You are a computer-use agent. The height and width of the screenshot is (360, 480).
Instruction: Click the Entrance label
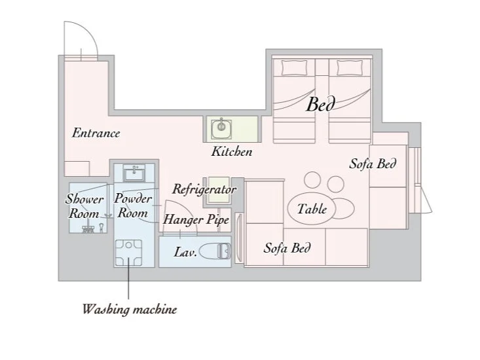click(x=96, y=134)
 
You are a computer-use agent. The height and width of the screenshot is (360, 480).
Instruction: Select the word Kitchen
click(x=232, y=152)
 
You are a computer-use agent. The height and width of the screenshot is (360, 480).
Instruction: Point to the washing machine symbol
click(x=128, y=253)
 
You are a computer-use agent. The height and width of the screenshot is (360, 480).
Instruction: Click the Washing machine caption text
click(x=130, y=309)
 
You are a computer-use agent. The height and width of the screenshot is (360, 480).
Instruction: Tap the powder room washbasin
click(x=134, y=173)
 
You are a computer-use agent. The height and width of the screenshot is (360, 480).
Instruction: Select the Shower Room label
click(x=84, y=206)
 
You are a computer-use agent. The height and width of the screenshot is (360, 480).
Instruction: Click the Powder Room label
click(x=133, y=206)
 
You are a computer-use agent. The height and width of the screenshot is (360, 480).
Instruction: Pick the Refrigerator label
click(x=204, y=189)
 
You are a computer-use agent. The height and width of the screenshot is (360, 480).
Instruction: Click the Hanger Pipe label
click(x=196, y=220)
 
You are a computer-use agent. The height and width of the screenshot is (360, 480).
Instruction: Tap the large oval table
click(x=312, y=208)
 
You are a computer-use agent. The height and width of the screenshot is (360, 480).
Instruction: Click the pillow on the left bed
click(x=294, y=67)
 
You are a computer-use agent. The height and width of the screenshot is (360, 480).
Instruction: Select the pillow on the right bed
click(x=350, y=67)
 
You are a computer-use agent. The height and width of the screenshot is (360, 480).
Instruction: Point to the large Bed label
click(x=320, y=104)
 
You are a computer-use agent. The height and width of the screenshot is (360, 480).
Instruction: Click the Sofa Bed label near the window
click(x=373, y=164)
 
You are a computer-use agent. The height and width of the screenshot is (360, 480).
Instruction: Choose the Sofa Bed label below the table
click(x=287, y=248)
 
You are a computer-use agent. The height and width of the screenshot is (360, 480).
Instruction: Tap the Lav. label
click(x=185, y=253)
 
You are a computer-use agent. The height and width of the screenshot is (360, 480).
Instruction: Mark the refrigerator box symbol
click(x=217, y=190)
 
